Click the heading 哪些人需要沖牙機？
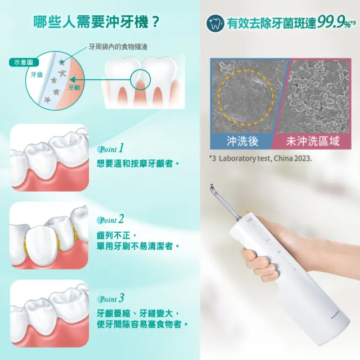pos(96,22)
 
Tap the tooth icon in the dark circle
pos(215,23)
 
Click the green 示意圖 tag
pos(24,62)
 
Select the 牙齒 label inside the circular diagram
pos(37,75)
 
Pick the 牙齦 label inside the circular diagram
pos(74,88)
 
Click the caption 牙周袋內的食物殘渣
pos(118,47)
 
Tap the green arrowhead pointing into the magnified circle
pos(72,80)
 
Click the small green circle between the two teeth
pos(140,79)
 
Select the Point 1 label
pos(111,148)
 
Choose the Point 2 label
pos(111,219)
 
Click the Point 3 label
pos(111,298)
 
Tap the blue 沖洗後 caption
pos(242,141)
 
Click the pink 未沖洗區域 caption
pos(313,141)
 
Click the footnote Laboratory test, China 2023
pos(265,159)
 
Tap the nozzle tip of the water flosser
pos(212,186)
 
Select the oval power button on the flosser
pos(263,234)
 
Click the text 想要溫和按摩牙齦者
pos(134,164)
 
